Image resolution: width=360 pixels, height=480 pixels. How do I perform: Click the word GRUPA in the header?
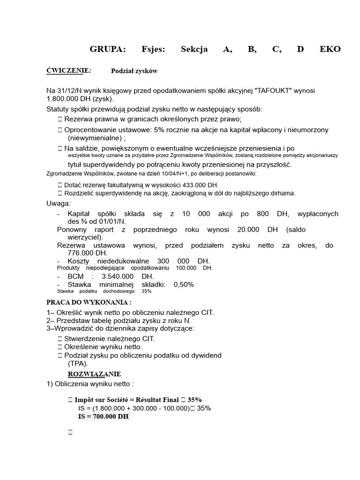coord(107,50)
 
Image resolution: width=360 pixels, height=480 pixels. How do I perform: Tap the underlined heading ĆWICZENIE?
coord(68,71)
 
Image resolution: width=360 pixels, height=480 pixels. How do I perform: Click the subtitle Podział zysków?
coord(134,71)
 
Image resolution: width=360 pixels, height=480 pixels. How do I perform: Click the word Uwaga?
coord(58,204)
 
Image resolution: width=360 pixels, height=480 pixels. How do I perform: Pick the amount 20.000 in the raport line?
coord(254,230)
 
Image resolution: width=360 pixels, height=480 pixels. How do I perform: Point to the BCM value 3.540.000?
coord(120,277)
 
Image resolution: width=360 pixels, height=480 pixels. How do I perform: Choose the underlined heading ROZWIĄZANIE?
coord(94,374)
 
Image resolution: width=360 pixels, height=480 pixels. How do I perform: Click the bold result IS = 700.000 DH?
coord(103,416)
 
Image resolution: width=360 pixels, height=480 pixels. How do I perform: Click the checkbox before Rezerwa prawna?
coord(60,119)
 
